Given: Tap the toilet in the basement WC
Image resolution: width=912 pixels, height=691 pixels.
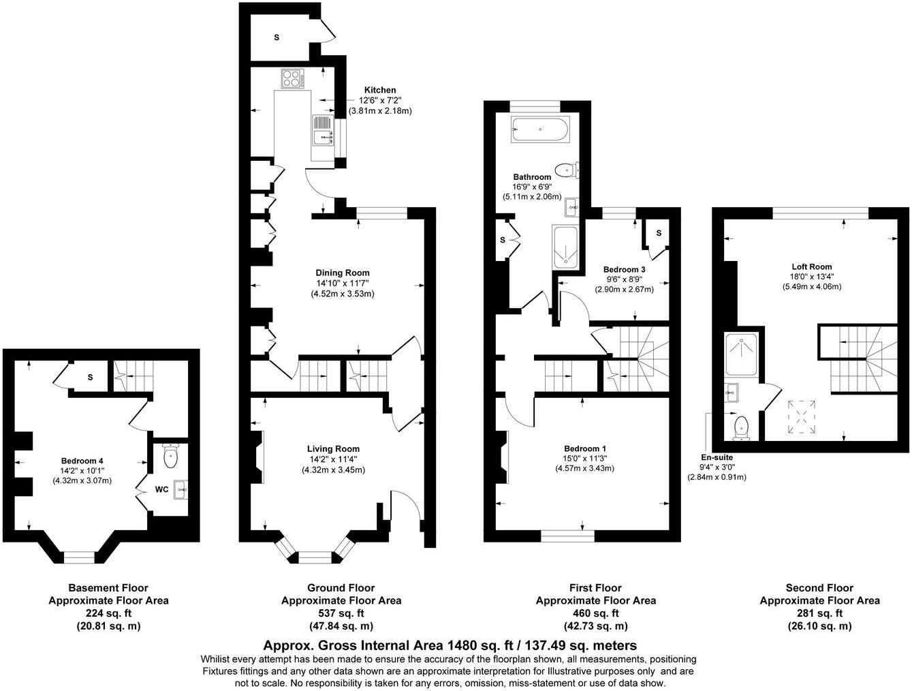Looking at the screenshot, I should (x=170, y=457).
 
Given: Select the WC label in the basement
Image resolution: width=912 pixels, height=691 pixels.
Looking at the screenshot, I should (x=161, y=489).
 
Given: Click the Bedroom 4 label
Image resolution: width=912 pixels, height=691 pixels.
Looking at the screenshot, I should (x=82, y=459).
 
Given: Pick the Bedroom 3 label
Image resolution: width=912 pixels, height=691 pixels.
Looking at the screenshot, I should (x=624, y=269).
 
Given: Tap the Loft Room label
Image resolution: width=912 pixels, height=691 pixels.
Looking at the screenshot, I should (x=811, y=266).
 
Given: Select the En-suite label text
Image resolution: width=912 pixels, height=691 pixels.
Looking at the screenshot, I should (x=717, y=457).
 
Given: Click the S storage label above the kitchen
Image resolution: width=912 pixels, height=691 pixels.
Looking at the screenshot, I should (x=277, y=37).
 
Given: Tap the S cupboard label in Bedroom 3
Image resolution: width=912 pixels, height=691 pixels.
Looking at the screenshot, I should (x=659, y=233).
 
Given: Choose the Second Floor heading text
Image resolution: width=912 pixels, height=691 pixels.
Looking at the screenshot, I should (x=819, y=587).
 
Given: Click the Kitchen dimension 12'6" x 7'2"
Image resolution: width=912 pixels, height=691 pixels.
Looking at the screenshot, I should (x=379, y=100).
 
